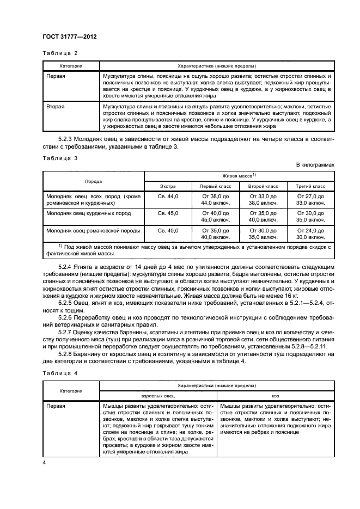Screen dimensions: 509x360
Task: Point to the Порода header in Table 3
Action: click(93, 181)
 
